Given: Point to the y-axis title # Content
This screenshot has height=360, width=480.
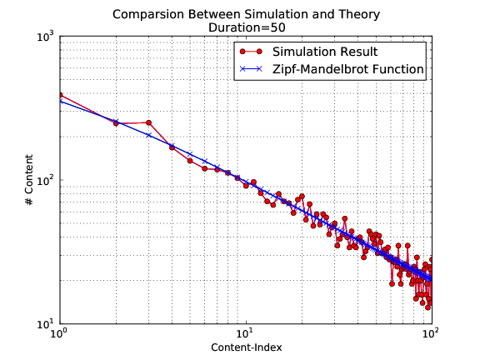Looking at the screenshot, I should tap(29, 181).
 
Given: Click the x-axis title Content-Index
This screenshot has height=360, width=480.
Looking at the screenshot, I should tap(245, 346).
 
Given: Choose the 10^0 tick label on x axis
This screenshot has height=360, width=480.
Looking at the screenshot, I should tap(59, 335).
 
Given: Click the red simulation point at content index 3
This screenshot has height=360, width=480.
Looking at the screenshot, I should tap(148, 122).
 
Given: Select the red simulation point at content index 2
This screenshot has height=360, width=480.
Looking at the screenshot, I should tap(116, 123).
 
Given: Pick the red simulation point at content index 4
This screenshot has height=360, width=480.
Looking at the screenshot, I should tap(172, 147).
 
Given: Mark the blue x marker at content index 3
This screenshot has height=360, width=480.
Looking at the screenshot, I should tap(148, 134).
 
